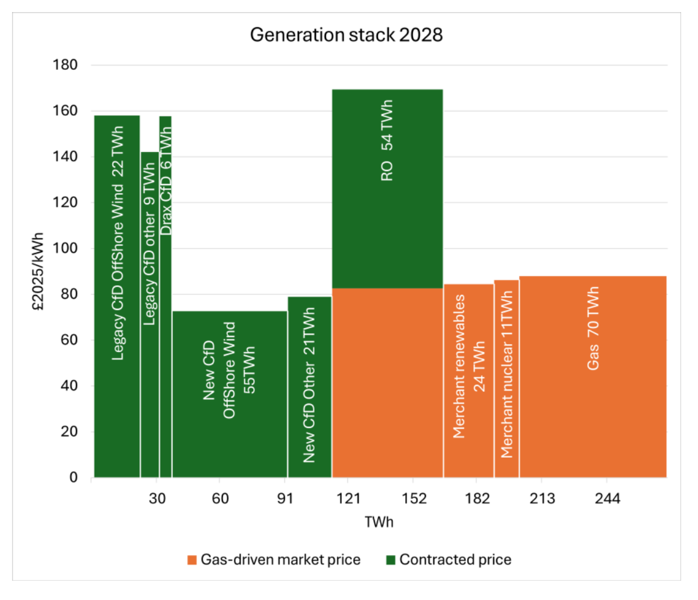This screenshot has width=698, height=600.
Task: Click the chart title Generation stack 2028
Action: (346, 35)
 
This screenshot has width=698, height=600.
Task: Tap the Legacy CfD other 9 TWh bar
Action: (149, 314)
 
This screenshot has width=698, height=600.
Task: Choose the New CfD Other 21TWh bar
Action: (309, 386)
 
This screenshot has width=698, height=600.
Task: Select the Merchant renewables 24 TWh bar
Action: (468, 380)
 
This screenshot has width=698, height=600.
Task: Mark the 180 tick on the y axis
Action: (67, 65)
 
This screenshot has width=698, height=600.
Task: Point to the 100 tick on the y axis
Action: (67, 248)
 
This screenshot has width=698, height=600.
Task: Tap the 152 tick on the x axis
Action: (412, 499)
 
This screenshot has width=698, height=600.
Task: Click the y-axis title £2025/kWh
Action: (39, 271)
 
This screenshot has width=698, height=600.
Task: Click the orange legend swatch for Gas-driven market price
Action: (192, 560)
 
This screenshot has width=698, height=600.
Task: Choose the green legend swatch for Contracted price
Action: (391, 560)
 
